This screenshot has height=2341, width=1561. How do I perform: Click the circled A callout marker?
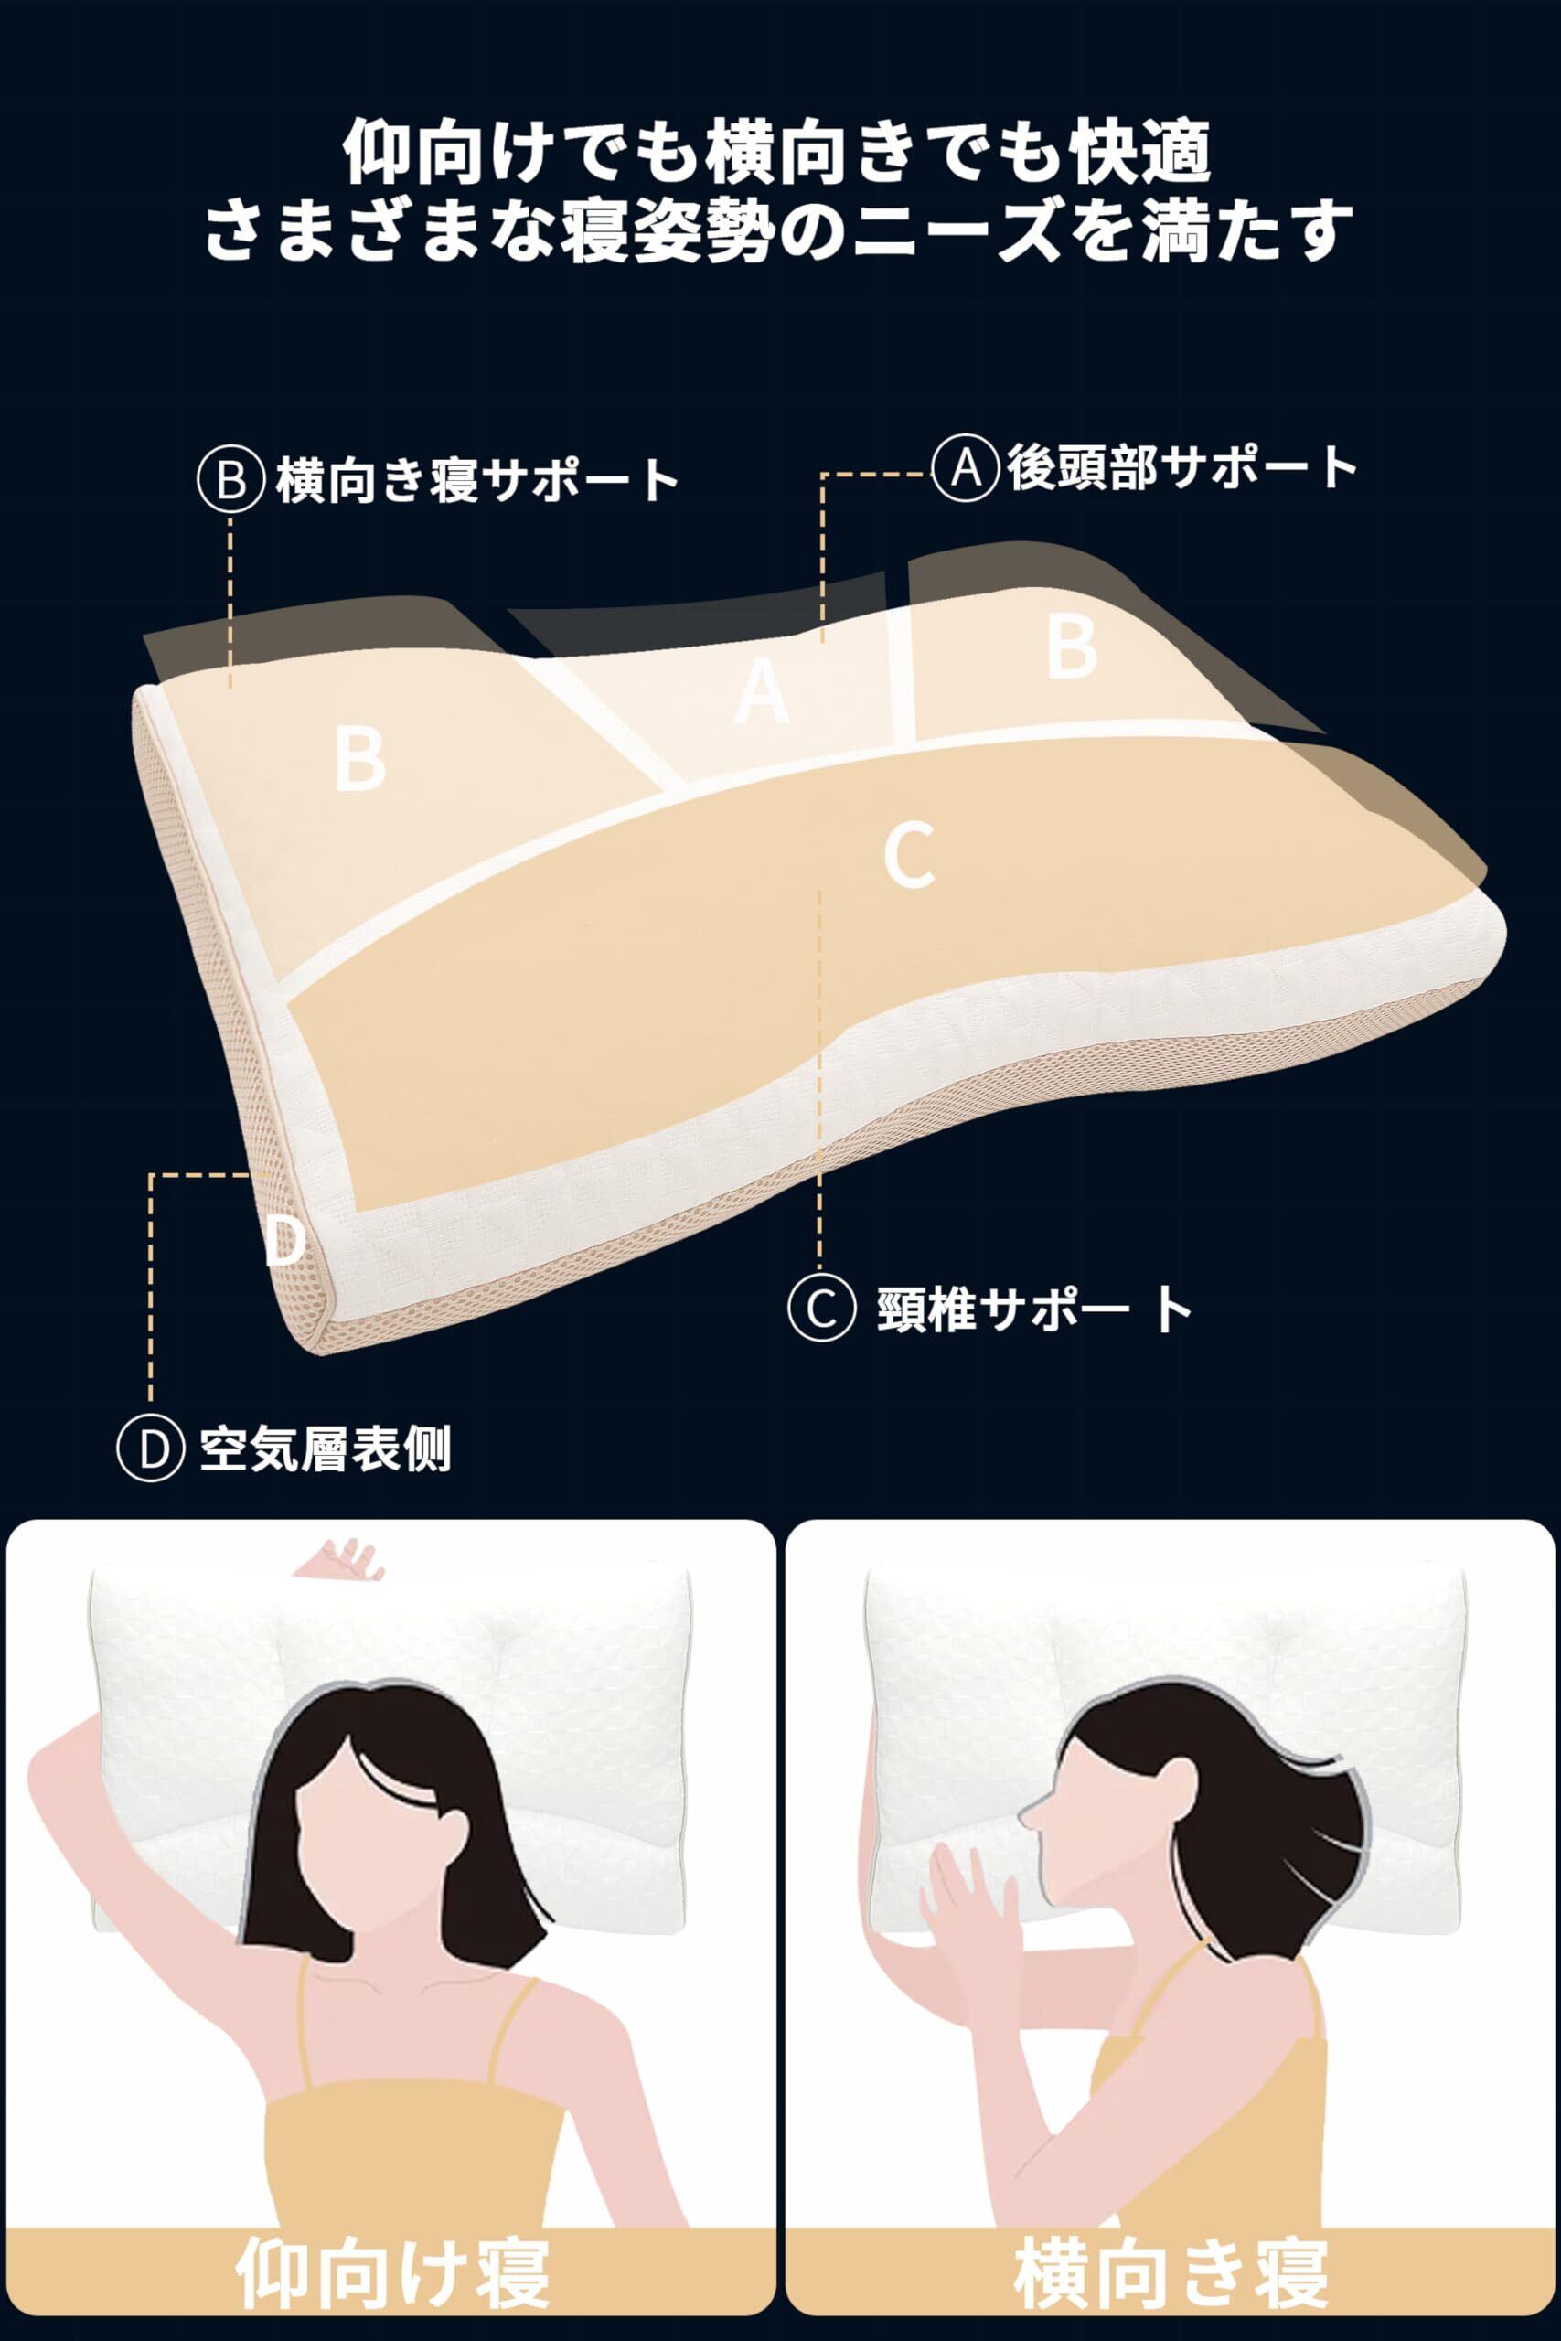pos(966,466)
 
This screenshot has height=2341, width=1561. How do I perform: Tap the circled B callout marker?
pos(231,480)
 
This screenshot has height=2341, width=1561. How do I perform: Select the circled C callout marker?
pos(821,1309)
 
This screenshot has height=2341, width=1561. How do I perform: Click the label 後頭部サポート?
pos(1181,466)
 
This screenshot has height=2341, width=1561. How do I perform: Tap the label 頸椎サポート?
pos(1034,1309)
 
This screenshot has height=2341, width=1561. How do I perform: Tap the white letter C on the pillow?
pos(909,854)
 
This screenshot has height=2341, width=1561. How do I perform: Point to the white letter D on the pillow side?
pos(284,1239)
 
